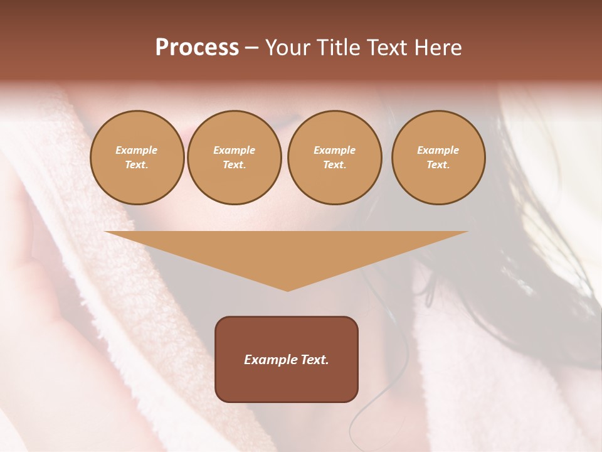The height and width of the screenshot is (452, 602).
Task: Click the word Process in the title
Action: tap(197, 48)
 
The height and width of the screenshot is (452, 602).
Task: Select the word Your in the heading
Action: tap(287, 48)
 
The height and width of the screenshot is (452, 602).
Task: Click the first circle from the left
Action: tap(137, 158)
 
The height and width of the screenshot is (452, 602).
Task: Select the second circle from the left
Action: tap(235, 158)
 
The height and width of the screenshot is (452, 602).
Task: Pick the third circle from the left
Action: tap(334, 158)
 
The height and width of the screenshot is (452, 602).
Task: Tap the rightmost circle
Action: tap(438, 158)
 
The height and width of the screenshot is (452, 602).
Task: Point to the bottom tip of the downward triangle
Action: tap(287, 290)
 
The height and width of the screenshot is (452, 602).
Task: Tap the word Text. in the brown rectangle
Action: tap(314, 360)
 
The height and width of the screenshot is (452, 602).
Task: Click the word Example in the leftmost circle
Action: tap(137, 151)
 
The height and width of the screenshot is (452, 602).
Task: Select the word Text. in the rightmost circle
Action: tap(438, 165)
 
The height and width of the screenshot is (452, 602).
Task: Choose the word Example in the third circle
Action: tap(334, 151)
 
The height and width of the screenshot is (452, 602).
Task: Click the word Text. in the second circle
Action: tap(235, 165)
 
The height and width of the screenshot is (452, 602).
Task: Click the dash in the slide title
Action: tap(251, 48)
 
